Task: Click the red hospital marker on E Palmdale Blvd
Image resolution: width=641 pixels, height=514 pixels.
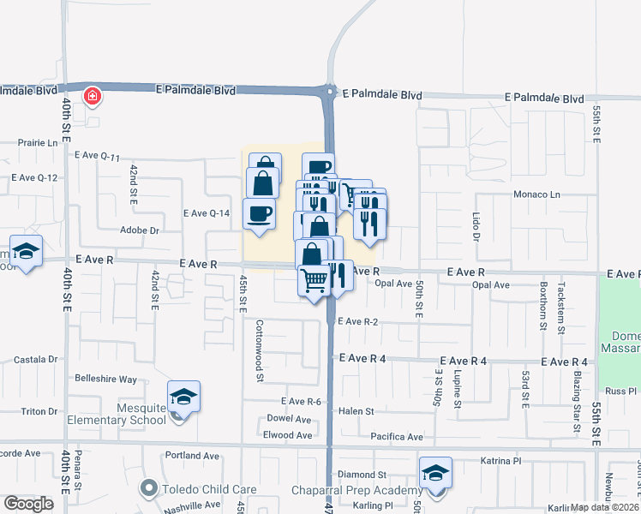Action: point(91,97)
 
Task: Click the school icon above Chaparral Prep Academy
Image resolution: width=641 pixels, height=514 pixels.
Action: point(435,473)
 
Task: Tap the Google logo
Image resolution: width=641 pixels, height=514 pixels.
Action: point(28,504)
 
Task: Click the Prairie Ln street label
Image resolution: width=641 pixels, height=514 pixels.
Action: point(39,143)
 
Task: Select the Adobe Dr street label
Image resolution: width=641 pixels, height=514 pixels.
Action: point(140,230)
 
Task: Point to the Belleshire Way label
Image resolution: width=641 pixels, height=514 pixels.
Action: point(106,379)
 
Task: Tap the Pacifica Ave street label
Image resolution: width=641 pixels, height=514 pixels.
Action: point(397,437)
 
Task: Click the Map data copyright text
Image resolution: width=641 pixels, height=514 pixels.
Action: point(604,507)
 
